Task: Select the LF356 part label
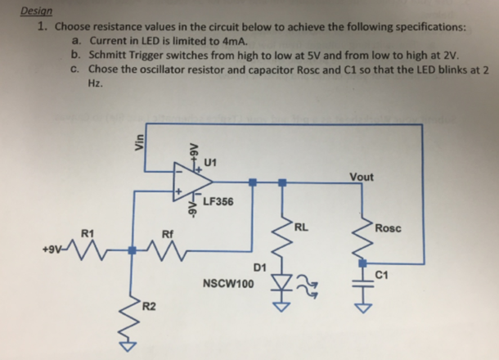[x=214, y=201]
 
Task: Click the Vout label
[x=361, y=178]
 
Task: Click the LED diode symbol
[x=283, y=288]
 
